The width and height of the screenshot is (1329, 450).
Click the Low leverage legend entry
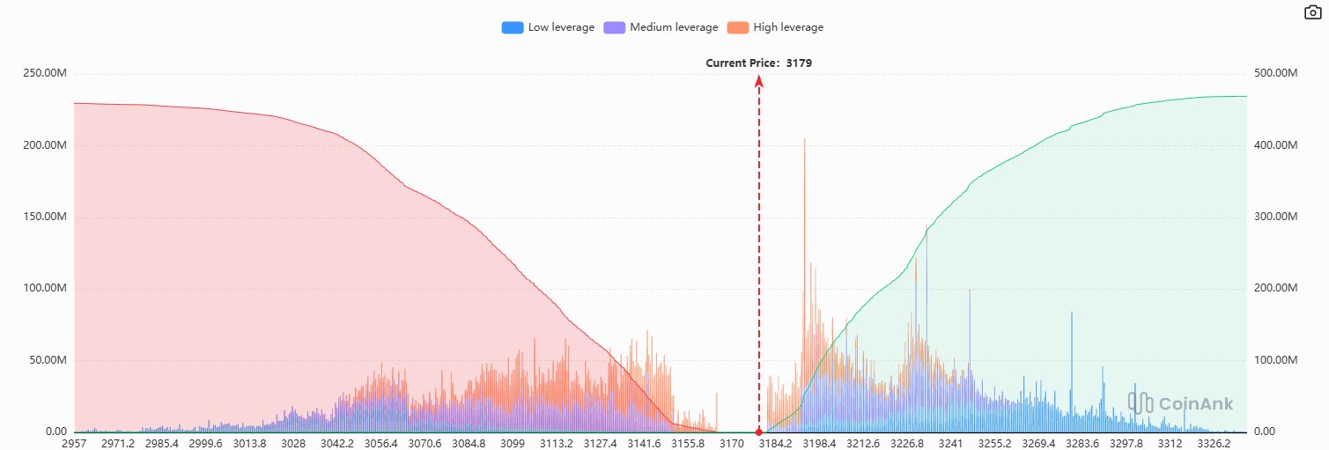pyautogui.click(x=548, y=27)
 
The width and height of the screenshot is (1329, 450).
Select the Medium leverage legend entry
pyautogui.click(x=660, y=27)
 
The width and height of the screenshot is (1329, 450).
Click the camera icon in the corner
pyautogui.click(x=1312, y=11)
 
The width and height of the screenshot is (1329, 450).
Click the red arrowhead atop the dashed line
pyautogui.click(x=758, y=81)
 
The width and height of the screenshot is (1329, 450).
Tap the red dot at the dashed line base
pyautogui.click(x=758, y=432)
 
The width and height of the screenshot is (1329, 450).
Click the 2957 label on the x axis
pyautogui.click(x=75, y=444)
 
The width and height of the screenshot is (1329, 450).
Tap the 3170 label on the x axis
pyautogui.click(x=731, y=444)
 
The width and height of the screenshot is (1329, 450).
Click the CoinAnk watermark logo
pyautogui.click(x=1180, y=403)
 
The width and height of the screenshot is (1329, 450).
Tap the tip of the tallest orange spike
pyautogui.click(x=804, y=139)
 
